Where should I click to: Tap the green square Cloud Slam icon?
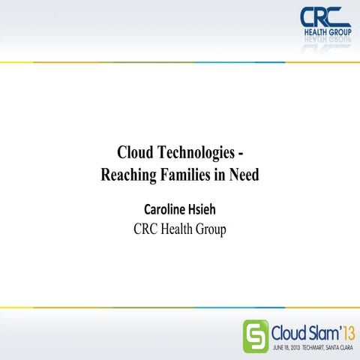coord(255,334)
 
